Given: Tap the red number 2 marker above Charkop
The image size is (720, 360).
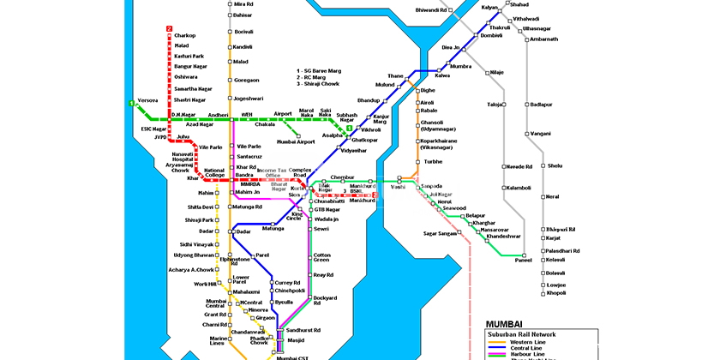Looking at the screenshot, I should pos(169,27).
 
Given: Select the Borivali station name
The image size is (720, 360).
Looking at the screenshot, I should pos(244,32).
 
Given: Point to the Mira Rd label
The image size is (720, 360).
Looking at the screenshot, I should pos(244,4).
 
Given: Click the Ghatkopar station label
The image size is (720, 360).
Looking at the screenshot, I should pos(364,140).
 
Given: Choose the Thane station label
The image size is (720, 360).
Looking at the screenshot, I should pos(395,76).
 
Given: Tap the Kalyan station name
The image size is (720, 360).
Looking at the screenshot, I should pos(489,8).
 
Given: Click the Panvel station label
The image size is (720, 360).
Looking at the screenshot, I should pos(523,260).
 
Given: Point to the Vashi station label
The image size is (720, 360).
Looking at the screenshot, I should pos(398,187).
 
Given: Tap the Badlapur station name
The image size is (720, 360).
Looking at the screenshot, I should pos(542,105).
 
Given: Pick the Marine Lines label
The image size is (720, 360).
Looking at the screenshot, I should pos(218,342).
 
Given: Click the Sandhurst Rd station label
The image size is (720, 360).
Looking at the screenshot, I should pos(304,330).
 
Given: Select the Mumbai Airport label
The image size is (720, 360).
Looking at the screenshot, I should pos(297,141).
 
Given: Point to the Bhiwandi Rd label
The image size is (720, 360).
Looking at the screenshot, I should pos(431,10).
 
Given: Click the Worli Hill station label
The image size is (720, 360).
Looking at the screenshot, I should pos(206,284).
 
